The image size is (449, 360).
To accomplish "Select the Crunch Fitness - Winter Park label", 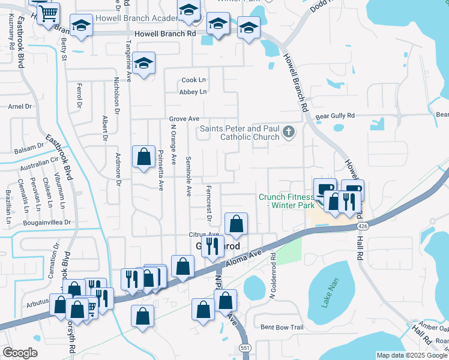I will click(x=286, y=201).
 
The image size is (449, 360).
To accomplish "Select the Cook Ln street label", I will click(x=193, y=80).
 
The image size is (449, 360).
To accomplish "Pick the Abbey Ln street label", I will click(x=193, y=92).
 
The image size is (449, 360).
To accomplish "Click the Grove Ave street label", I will click(x=184, y=119).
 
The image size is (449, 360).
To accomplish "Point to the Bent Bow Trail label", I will click(x=282, y=327).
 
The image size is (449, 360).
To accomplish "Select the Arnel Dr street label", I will click(x=20, y=106).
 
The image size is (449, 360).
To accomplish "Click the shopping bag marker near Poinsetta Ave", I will click(x=143, y=158).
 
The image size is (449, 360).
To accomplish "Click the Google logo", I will click(x=20, y=353).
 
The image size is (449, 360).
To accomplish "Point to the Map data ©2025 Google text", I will click(x=411, y=355).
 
